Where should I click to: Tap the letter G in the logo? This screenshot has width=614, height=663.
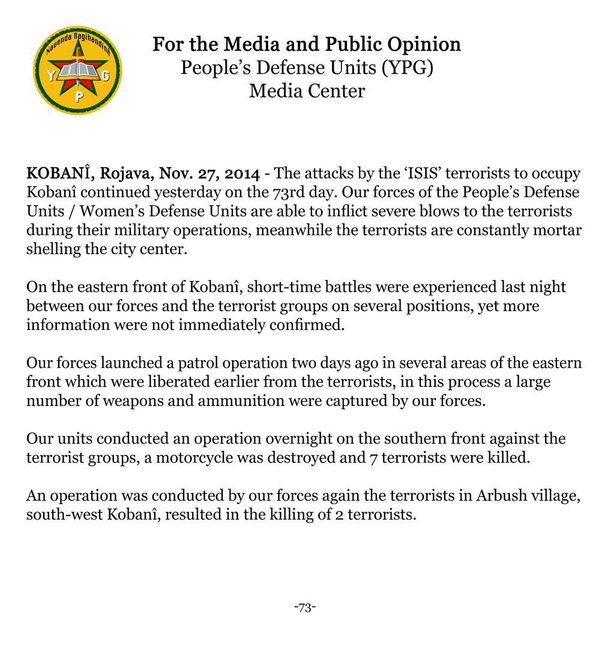[106, 76]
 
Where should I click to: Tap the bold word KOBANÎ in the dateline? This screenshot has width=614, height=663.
[59, 173]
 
